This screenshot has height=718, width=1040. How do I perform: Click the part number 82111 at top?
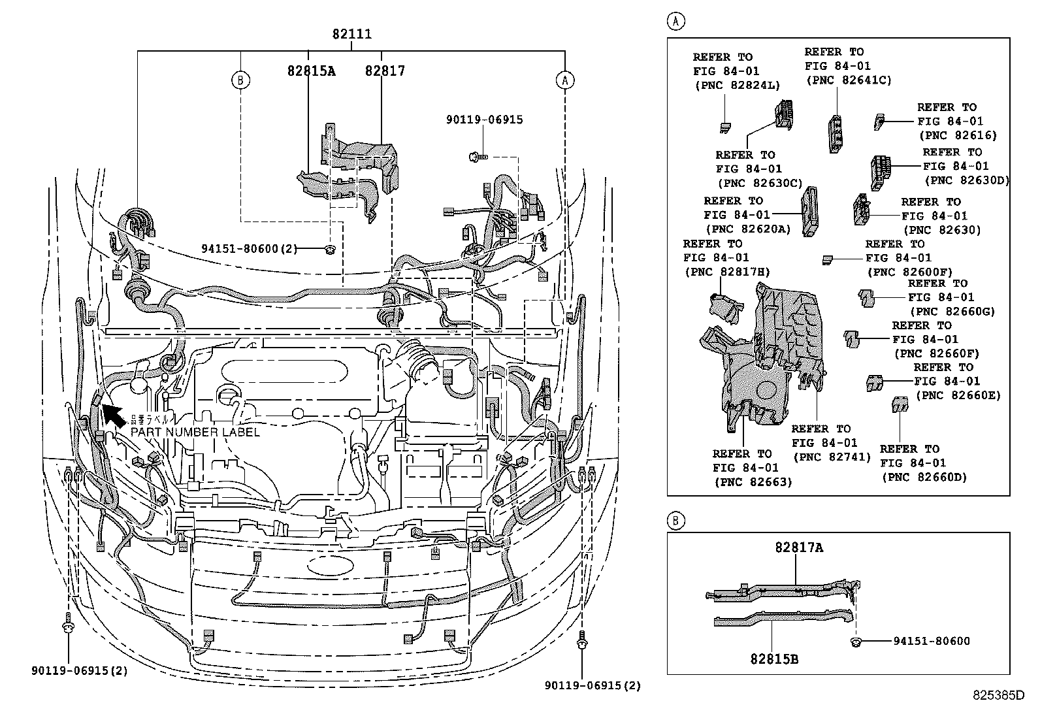tap(352, 34)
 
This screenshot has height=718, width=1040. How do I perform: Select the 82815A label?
tap(311, 71)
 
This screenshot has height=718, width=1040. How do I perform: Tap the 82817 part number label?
tap(385, 71)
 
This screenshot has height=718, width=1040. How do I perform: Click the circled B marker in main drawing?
tap(240, 80)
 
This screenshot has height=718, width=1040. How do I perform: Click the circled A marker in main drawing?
tap(564, 80)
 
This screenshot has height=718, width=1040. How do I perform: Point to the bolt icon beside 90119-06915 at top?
tap(474, 157)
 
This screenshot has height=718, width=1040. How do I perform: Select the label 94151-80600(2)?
tap(249, 249)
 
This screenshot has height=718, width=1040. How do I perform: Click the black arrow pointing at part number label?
tap(112, 415)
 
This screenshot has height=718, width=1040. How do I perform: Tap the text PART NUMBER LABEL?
tap(195, 432)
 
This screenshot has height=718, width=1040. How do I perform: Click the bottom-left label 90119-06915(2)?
tap(79, 671)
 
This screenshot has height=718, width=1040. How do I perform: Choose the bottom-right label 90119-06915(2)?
tap(593, 685)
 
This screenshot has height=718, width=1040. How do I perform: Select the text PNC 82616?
tap(958, 135)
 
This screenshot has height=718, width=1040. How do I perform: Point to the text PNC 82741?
tap(831, 457)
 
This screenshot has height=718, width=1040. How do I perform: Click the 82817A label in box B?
tap(799, 547)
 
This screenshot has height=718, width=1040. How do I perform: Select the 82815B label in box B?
tap(774, 659)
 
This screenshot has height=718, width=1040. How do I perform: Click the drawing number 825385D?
tap(998, 695)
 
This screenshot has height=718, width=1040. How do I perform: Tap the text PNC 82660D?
tap(924, 478)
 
